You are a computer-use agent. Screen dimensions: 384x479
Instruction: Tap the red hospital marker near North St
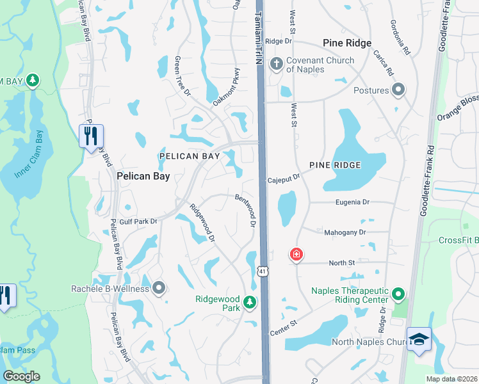point(296,254)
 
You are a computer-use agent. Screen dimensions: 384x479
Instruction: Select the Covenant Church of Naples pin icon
point(277,63)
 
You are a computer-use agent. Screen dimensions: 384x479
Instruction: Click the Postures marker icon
point(399,90)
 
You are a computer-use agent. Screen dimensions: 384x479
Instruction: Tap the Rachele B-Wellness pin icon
point(159,288)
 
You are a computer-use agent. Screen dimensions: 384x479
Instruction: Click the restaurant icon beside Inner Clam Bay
point(91,136)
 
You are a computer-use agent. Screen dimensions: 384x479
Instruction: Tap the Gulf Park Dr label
point(133,221)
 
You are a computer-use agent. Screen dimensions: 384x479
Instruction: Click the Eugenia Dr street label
point(353,202)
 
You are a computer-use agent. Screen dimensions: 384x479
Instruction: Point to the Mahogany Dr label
point(345,232)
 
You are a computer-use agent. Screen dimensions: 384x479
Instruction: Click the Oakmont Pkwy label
point(227,87)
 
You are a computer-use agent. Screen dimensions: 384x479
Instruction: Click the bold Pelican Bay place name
point(143,176)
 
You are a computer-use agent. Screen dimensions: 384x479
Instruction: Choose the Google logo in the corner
point(21,376)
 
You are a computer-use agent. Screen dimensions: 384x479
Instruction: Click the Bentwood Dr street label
point(246,211)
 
